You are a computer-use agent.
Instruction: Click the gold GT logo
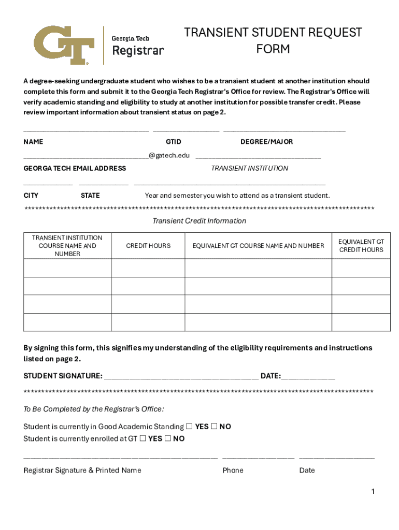pos(64,45)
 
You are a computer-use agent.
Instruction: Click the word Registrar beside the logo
pos(138,51)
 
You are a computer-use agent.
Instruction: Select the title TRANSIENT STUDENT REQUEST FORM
pos(273,41)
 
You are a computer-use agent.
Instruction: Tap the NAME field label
pos(33,142)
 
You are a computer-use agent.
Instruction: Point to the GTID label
pos(174,142)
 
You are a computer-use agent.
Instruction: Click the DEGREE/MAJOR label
pos(266,142)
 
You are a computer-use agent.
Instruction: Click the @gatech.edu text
pos(169,155)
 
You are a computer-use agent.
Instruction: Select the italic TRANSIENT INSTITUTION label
pos(249,168)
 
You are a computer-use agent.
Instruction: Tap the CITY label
pos(31,196)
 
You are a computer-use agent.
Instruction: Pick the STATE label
pos(90,196)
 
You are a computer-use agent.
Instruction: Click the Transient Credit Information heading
pos(199,221)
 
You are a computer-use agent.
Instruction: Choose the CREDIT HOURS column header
pos(148,246)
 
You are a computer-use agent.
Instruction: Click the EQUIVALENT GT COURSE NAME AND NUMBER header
pos(258,246)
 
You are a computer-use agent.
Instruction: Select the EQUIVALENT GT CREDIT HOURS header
pos(361,246)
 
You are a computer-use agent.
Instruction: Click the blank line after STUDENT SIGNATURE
pos(181,376)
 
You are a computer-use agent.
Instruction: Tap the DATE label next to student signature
pos(270,376)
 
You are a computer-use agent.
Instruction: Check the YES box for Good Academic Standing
pos(189,426)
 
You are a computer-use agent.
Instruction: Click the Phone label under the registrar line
pos(233,470)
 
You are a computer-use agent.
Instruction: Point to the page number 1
pos(373,492)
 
